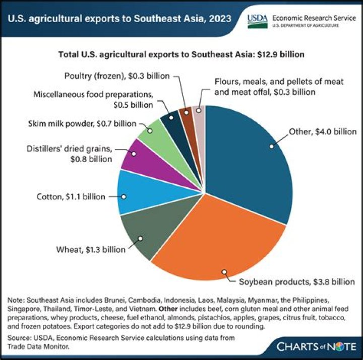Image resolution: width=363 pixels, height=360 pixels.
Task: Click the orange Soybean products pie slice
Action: point(217,242)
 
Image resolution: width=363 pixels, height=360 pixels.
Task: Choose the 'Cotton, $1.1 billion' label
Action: point(71,196)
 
